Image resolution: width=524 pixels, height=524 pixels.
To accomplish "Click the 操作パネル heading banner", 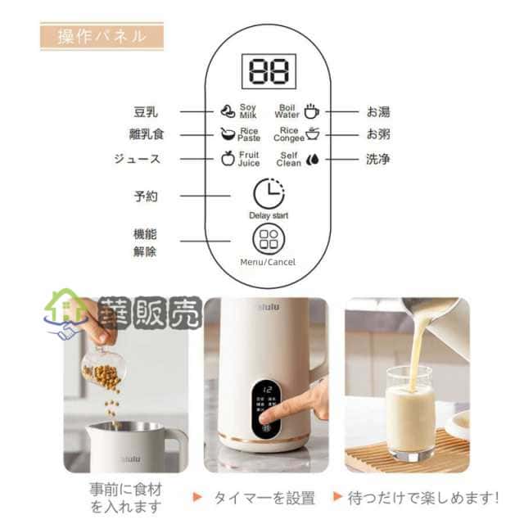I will tap(102, 36).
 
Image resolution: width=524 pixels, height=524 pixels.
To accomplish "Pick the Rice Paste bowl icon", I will tap(227, 134).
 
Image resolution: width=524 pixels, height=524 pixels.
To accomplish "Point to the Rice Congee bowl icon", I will tap(312, 134).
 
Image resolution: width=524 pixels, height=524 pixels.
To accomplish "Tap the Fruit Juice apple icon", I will tap(228, 158).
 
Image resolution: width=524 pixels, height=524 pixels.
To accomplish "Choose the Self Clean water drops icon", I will tap(312, 159).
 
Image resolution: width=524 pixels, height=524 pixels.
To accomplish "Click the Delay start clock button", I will tap(268, 194).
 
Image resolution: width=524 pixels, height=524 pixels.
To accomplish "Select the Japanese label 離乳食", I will tap(147, 134).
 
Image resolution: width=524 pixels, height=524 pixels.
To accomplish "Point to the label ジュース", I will tap(137, 159).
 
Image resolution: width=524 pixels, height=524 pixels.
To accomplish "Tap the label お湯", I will tap(377, 111).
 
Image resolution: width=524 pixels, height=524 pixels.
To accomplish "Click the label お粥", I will tap(377, 134).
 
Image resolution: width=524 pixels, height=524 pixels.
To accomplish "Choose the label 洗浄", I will tap(377, 159).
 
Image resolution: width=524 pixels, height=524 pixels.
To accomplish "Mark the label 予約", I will tap(145, 196).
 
